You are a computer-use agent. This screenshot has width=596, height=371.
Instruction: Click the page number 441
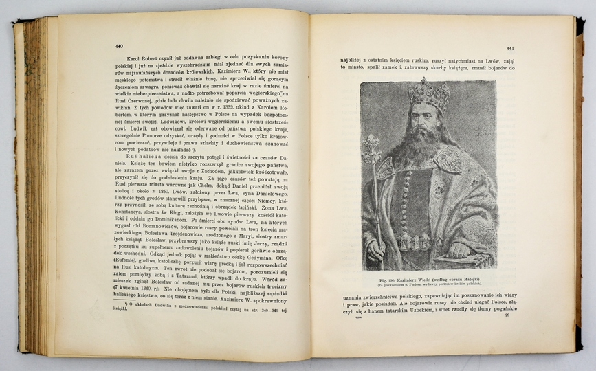[x=509, y=49]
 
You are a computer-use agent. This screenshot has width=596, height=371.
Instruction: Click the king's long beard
[x=427, y=148]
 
